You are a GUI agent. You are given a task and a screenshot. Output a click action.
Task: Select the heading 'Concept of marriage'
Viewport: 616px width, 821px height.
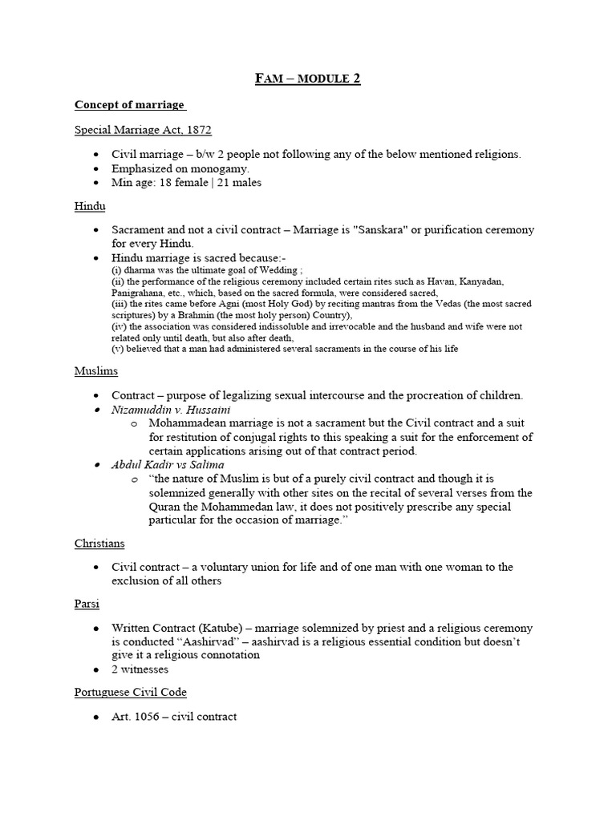(129, 105)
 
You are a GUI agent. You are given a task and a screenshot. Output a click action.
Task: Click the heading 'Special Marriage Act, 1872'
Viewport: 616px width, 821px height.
(143, 129)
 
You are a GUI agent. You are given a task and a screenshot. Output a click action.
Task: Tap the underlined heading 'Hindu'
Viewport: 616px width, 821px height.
(90, 206)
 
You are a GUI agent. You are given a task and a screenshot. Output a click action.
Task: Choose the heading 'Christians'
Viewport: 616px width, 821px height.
(101, 543)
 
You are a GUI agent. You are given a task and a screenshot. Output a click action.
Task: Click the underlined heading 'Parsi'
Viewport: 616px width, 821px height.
(87, 603)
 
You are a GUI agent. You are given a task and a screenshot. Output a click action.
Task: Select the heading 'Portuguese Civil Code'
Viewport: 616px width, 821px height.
(131, 692)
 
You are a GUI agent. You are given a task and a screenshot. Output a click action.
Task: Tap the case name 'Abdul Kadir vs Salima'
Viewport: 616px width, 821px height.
(168, 465)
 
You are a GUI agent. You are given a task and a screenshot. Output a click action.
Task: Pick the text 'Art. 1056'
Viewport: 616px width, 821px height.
(139, 717)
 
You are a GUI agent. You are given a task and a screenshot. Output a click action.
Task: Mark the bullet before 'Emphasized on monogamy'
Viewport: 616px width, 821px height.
(97, 168)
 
